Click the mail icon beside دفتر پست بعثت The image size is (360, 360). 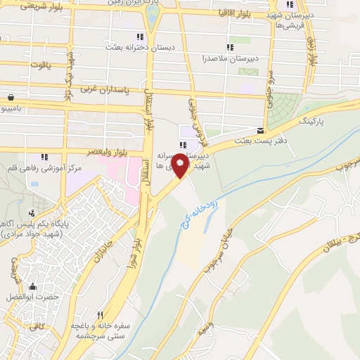coord(261,131)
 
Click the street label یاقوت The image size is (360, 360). coord(32,65)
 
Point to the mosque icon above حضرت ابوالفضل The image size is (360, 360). coord(32,286)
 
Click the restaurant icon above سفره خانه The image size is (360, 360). coord(100,316)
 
